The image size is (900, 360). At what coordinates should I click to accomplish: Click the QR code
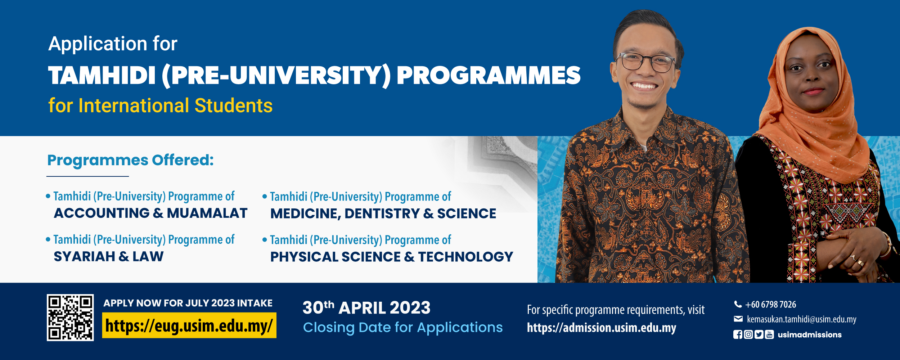pos(70,318)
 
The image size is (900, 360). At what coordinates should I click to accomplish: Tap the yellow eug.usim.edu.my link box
pos(189,325)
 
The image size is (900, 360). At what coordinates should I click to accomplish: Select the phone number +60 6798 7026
pos(771,305)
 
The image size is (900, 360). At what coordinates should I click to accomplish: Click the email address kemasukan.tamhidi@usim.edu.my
pos(802,319)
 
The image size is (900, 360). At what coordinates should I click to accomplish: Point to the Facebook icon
pos(738,335)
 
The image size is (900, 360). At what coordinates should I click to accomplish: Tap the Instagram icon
pos(748,335)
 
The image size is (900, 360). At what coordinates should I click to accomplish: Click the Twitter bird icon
pos(759,335)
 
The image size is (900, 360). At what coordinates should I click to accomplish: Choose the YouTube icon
pos(769,335)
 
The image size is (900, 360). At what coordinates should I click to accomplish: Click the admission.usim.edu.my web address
pos(602,328)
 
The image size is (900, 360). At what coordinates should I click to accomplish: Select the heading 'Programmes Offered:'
pos(130,160)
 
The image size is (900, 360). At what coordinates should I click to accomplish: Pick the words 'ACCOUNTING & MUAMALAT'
pos(150,213)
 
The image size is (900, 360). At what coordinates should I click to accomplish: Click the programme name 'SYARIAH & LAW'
pos(109,257)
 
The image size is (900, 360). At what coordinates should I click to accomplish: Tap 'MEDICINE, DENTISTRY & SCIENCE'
pos(383,214)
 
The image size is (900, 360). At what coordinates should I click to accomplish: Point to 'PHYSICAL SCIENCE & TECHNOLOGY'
pos(392,257)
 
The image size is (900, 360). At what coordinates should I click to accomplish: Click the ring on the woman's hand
pos(860,262)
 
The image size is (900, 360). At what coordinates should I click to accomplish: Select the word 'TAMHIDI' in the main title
pos(102,76)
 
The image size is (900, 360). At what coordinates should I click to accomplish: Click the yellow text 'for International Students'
pos(161,105)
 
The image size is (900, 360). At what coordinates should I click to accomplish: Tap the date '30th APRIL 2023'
pos(366,308)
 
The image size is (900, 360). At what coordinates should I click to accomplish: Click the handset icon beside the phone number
pos(738,305)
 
